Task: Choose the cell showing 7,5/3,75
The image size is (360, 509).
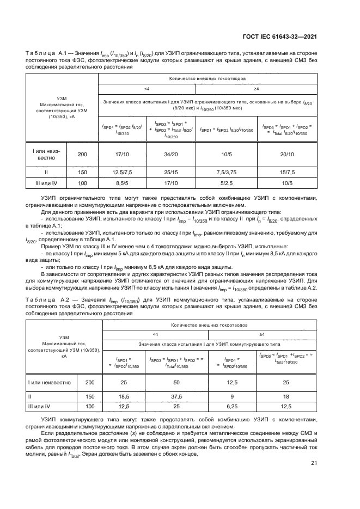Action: [x=225, y=171]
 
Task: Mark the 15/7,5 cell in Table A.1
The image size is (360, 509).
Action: [x=287, y=171]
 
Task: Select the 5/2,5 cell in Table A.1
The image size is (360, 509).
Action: [x=225, y=183]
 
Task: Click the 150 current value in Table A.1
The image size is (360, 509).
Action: [x=82, y=171]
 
